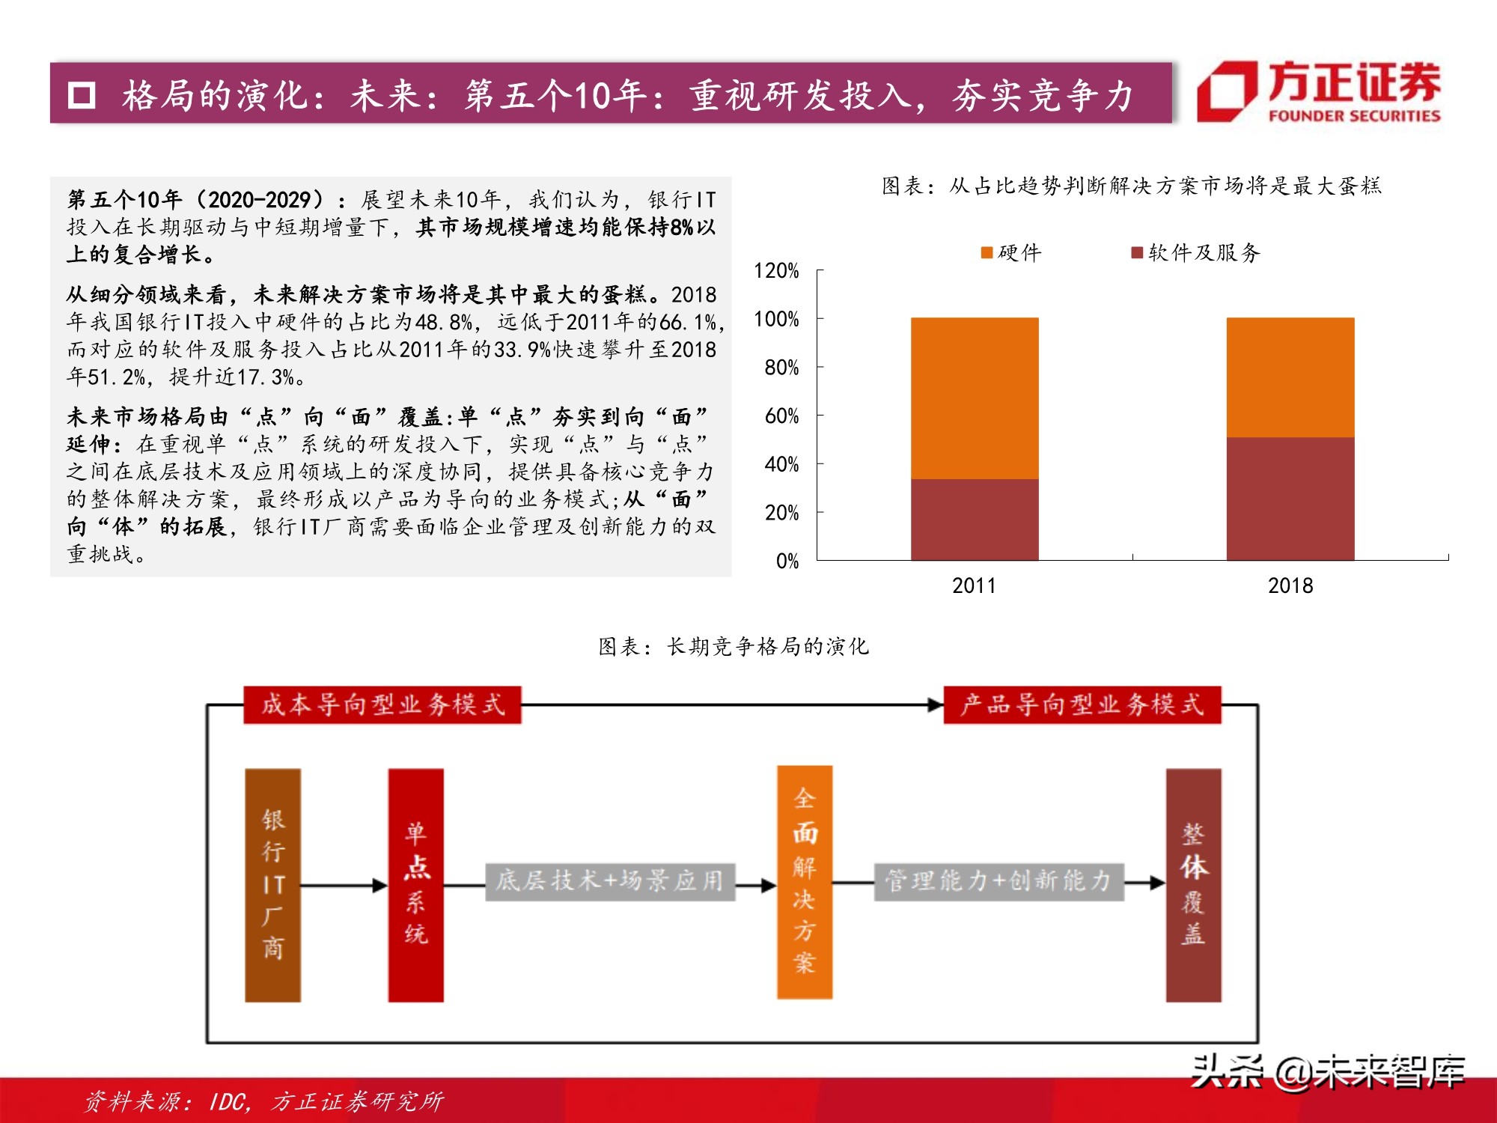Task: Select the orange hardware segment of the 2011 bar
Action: tap(975, 398)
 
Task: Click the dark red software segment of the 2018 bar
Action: tap(1290, 499)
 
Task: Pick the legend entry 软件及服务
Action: tap(1196, 253)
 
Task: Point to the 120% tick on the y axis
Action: tap(776, 270)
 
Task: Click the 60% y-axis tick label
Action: tap(781, 416)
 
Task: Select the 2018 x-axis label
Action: tap(1290, 585)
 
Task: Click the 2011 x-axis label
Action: tap(974, 585)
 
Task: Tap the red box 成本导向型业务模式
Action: tap(382, 704)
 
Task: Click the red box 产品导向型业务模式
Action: tap(1082, 704)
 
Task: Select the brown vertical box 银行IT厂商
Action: tap(273, 885)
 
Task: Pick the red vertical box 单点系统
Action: tap(415, 885)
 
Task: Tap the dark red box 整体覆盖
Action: tap(1193, 885)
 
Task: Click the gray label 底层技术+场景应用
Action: tap(610, 880)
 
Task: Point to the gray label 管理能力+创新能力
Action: tap(998, 880)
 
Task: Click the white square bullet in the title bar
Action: tap(82, 95)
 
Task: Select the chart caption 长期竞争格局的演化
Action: tap(734, 646)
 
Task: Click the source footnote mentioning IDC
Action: tap(263, 1101)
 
